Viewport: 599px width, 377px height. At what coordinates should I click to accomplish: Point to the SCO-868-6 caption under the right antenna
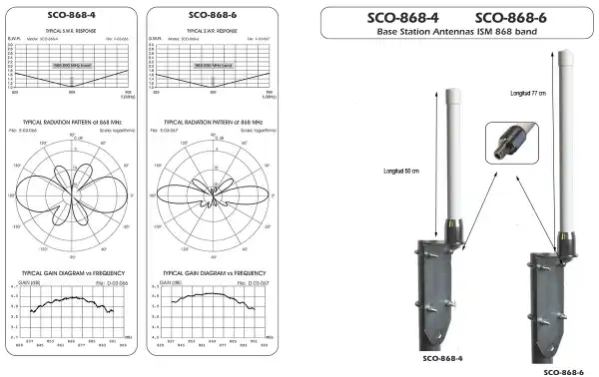click(x=559, y=370)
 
